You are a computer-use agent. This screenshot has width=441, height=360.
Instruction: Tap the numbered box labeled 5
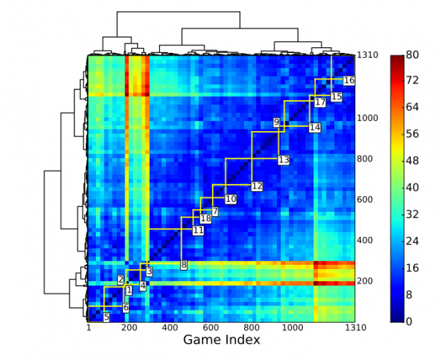(x=106, y=317)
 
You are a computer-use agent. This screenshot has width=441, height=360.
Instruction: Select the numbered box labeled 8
(x=183, y=265)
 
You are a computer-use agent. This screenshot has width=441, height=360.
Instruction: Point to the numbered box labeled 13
(x=283, y=160)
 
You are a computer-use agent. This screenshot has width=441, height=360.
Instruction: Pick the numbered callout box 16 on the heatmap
(x=349, y=80)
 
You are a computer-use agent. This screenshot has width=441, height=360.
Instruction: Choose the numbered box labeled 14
(x=315, y=127)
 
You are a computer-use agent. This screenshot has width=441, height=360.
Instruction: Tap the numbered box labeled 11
(x=198, y=230)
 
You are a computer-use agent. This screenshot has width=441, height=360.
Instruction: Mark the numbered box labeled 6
(x=126, y=308)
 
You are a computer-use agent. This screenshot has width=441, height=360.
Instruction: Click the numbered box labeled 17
(x=320, y=103)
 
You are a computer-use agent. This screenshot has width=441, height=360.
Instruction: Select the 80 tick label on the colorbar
(x=412, y=55)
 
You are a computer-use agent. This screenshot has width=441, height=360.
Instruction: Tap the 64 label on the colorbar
(x=412, y=108)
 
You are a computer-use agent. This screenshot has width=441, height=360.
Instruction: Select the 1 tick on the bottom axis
(x=89, y=329)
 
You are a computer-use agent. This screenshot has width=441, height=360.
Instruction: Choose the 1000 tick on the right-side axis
(x=368, y=118)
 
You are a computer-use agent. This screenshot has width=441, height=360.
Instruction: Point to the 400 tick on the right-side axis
(x=365, y=240)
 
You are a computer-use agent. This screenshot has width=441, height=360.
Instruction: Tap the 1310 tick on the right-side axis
(x=368, y=55)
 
